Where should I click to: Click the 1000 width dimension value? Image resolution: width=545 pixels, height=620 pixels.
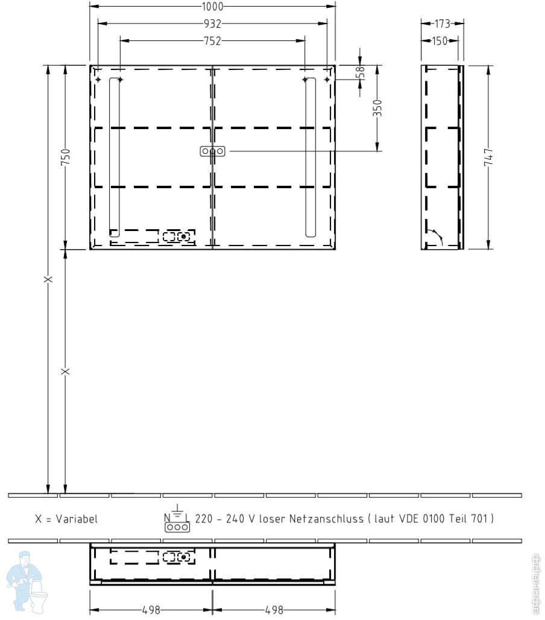click(212, 6)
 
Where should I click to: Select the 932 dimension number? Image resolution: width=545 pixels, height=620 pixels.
click(212, 24)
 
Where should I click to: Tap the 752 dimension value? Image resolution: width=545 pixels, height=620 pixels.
click(212, 41)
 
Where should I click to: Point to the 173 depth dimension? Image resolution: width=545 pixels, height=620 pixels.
click(443, 24)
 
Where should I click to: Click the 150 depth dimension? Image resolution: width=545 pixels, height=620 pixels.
click(439, 41)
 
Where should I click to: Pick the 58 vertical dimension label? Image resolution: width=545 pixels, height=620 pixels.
click(360, 73)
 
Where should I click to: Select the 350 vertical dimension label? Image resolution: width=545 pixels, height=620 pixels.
click(378, 108)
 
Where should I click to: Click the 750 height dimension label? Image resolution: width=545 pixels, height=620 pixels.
click(66, 157)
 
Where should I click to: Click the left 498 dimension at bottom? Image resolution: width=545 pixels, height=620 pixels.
click(151, 610)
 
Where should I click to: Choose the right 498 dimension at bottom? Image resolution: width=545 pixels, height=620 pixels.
click(274, 610)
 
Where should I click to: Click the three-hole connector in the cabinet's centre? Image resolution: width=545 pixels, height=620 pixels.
click(213, 151)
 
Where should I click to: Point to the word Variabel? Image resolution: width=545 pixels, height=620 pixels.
click(77, 519)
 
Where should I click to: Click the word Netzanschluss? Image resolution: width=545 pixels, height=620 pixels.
click(326, 519)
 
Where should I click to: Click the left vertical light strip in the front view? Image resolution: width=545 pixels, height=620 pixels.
click(115, 157)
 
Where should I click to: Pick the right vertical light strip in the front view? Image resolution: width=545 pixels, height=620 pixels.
click(310, 157)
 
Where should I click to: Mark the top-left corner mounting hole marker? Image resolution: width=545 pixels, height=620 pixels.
click(98, 80)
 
